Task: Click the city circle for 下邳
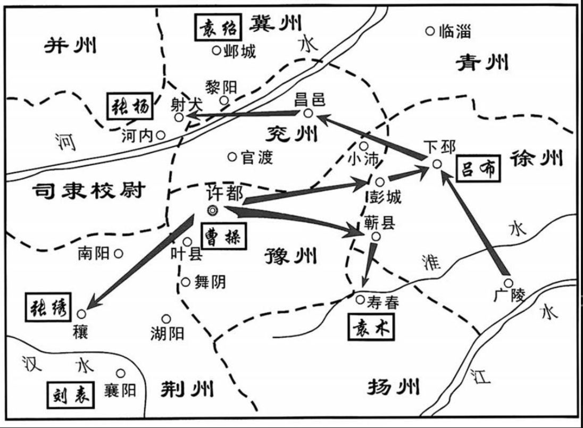point(437,164)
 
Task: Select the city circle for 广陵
point(508,283)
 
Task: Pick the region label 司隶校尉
point(88,190)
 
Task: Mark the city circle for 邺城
point(216,51)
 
